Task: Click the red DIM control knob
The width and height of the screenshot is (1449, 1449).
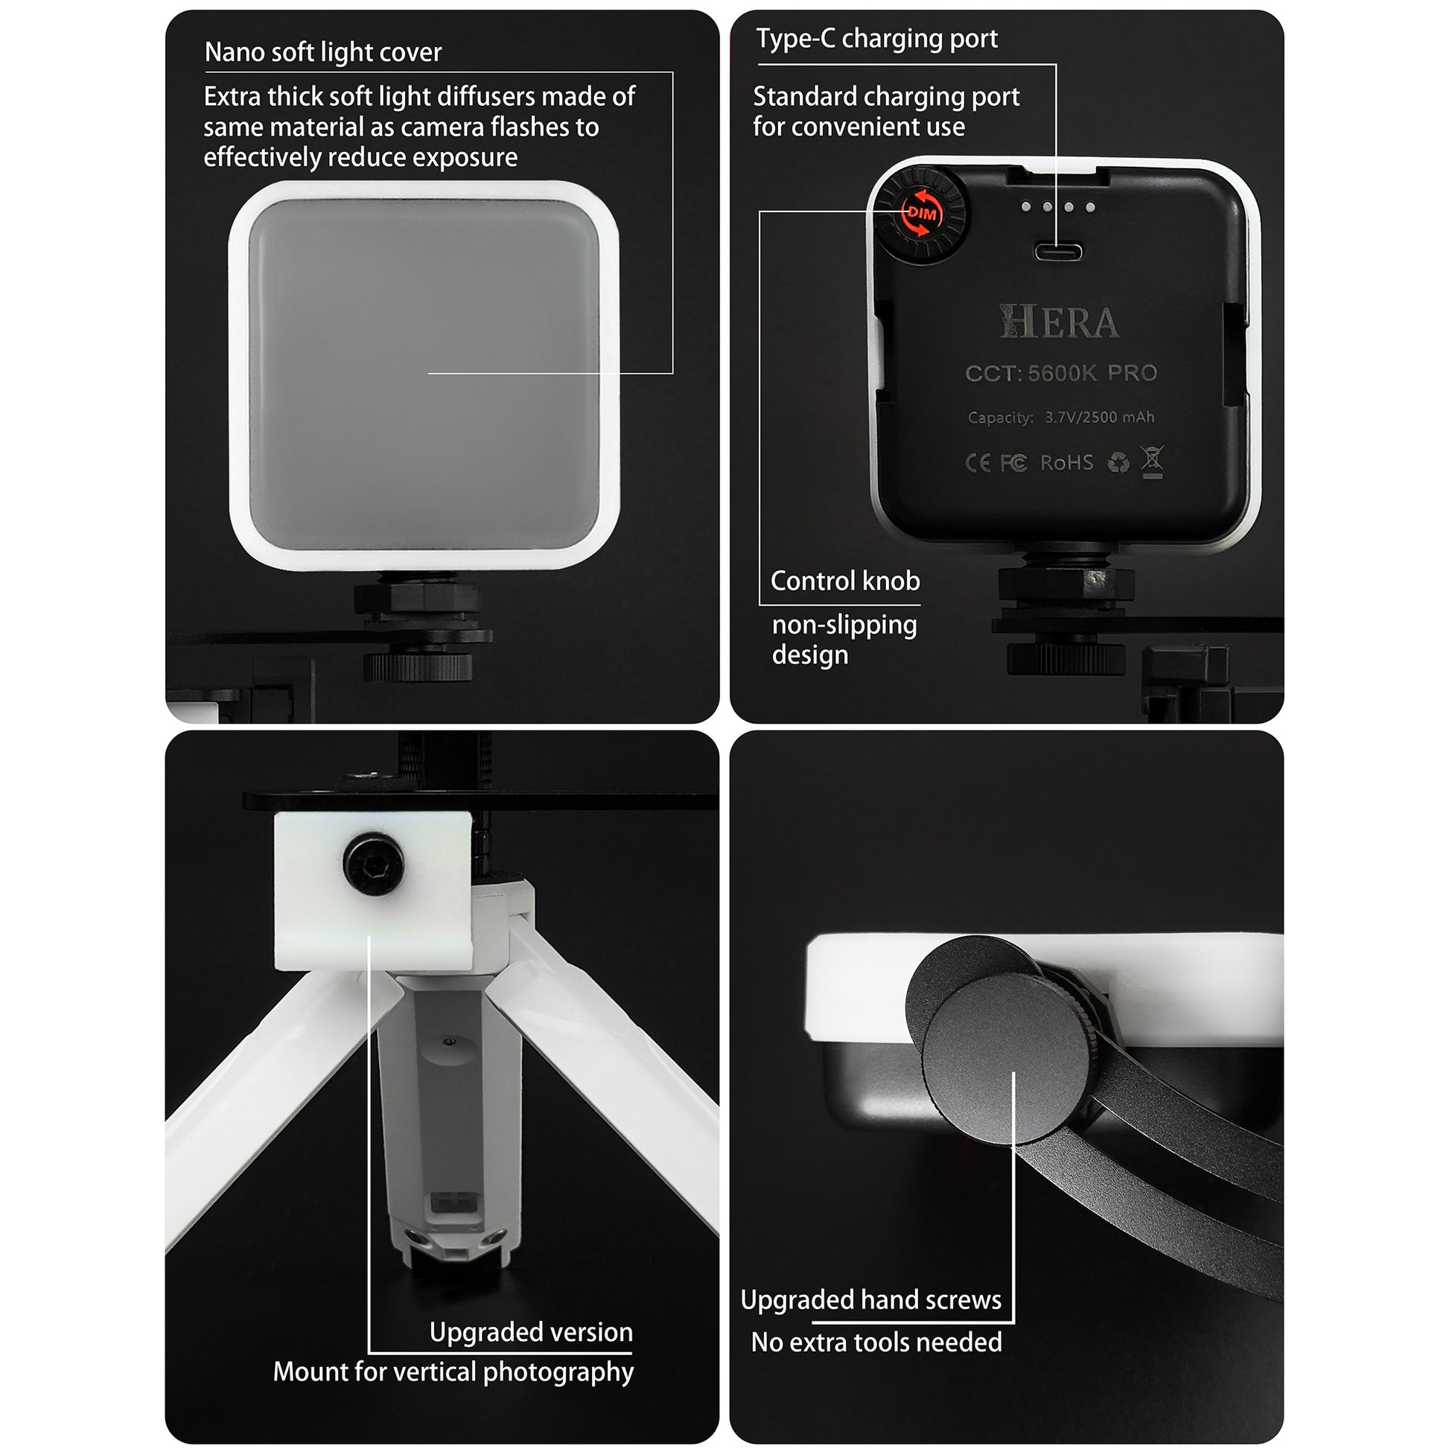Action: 922,214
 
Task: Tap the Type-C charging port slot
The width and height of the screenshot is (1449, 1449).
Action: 1058,250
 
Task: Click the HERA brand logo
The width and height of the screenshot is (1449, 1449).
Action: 1059,322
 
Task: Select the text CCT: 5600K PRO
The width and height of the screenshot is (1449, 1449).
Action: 1060,373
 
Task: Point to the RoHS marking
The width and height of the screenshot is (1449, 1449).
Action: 1066,462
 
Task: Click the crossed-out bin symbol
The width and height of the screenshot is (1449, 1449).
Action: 1152,461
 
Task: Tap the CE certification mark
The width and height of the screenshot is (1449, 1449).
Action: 977,463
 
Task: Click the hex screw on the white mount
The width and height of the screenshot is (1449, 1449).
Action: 374,864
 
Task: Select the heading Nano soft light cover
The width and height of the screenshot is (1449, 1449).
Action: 322,53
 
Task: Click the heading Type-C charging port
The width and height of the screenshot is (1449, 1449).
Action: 876,38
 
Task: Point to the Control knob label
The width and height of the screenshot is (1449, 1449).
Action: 844,581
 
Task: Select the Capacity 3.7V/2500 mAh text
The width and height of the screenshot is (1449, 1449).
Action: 1060,417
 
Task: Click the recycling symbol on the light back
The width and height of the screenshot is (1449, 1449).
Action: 1118,462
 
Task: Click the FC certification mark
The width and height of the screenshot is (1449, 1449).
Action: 1013,463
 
